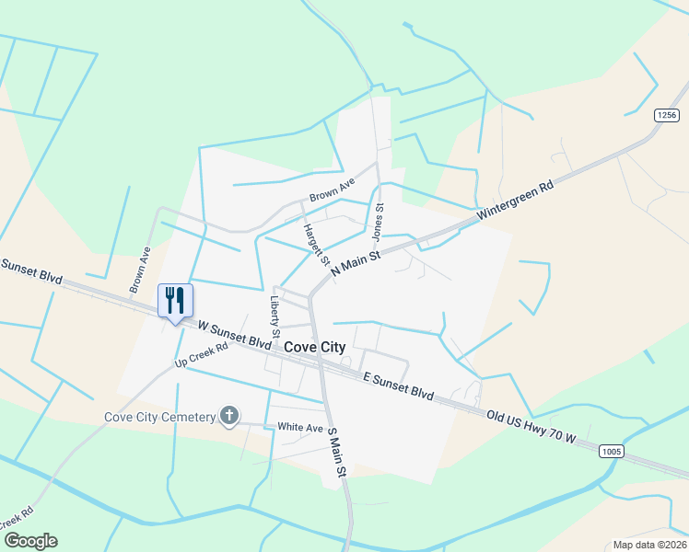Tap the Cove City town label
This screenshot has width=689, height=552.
point(315,347)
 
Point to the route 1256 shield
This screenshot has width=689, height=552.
point(668,115)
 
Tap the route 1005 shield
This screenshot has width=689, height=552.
point(610,451)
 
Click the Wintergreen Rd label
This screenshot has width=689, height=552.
point(516,199)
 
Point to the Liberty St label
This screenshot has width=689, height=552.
point(274,314)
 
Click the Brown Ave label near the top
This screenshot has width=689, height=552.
point(332,190)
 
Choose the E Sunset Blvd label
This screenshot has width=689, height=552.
point(398,385)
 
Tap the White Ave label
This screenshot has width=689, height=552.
point(300,427)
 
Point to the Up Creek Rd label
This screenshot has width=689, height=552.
point(201,360)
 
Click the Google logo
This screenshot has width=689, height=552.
point(30,541)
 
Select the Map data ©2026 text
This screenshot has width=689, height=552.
point(649,545)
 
